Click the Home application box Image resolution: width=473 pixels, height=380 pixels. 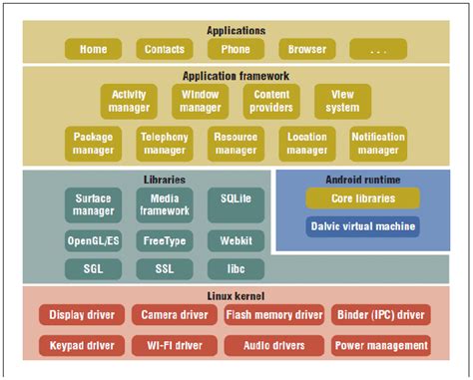point(93,48)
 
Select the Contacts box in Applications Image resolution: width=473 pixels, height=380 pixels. point(164,48)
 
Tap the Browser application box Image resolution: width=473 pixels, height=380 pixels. point(306,48)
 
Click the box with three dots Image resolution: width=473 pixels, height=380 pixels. point(378,48)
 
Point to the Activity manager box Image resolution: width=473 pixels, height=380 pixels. point(129,100)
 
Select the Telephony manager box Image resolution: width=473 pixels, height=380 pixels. point(165,144)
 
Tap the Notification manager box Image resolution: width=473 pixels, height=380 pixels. point(378,144)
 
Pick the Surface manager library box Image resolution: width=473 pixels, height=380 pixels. point(93,205)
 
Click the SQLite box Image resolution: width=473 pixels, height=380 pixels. point(236,199)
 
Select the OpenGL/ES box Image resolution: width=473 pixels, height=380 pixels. point(93,240)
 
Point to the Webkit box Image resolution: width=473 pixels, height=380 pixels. point(236,240)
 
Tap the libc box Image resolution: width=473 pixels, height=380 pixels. point(236,268)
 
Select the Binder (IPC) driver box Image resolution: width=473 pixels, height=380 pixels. point(381,315)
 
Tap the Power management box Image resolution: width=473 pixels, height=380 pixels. point(381,346)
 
